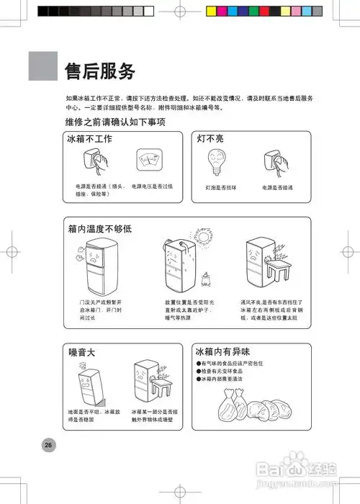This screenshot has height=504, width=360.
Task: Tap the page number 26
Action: pos(48,444)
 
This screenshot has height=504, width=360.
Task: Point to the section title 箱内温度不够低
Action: pos(100,228)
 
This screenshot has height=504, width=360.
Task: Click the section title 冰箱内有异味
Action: pos(222,351)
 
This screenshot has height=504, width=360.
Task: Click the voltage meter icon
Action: pos(148,161)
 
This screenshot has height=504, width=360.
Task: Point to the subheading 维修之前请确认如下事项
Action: pos(115,122)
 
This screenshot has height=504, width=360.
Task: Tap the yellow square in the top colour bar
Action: pos(212,12)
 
